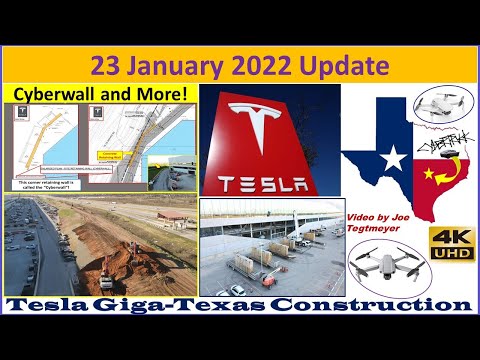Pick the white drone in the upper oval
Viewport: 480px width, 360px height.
tap(439, 102)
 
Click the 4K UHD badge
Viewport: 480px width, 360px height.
tap(452, 244)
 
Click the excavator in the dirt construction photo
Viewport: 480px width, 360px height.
tap(107, 271)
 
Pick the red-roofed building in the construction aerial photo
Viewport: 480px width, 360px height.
tap(171, 214)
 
